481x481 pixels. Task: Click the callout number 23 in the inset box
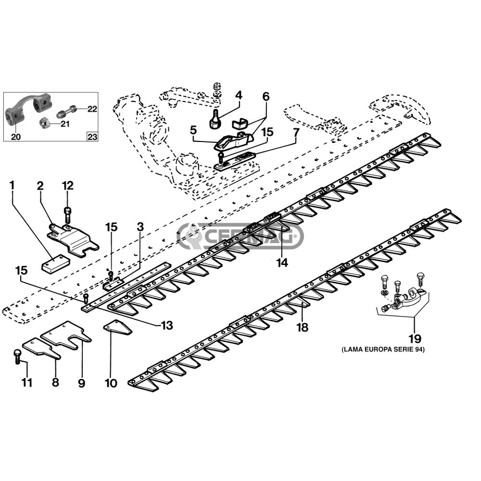click(x=92, y=137)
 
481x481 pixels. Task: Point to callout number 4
click(x=239, y=95)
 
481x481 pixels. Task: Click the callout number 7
click(x=296, y=131)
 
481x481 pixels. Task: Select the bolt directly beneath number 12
click(x=67, y=212)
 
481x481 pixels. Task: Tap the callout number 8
click(x=55, y=382)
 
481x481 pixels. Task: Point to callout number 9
click(x=81, y=383)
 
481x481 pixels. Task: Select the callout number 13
click(x=166, y=325)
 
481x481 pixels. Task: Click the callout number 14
click(x=282, y=263)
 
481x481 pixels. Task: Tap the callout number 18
click(x=302, y=328)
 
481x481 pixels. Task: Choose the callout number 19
click(x=414, y=338)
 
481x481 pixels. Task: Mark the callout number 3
click(x=140, y=226)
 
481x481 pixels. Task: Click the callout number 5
click(x=193, y=130)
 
